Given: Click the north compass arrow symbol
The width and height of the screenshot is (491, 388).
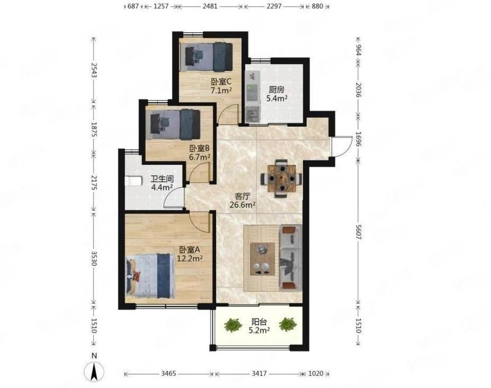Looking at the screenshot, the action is point(94,371).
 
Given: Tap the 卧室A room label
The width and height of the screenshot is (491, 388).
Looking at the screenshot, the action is point(189,250).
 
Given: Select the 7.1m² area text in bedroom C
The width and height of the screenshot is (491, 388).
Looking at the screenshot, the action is point(221,91).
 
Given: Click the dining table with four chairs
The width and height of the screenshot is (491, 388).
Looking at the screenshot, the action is point(282,179).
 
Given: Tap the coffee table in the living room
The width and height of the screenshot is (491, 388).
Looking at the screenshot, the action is point(262,259).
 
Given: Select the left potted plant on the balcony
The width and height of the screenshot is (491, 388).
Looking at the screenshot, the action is point(233,325).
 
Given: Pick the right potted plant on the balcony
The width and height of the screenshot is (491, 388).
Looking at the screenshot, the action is point(288,324).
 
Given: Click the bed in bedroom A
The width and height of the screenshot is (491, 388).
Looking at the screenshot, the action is point(150,276).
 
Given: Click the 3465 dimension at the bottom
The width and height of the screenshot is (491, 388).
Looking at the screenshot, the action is point(169,374).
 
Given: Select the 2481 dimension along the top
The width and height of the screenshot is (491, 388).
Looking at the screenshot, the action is point(210,6).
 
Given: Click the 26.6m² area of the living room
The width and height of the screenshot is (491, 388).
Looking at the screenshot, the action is point(242,205).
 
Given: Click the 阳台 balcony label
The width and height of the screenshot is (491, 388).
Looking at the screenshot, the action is point(259,322).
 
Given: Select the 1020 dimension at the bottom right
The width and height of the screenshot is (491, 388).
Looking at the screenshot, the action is point(316,374).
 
